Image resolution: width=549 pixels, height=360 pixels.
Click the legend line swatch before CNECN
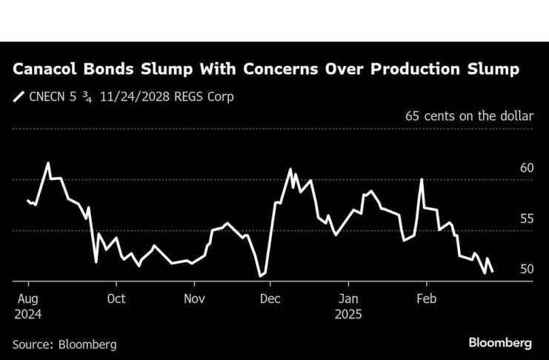tap(18, 96)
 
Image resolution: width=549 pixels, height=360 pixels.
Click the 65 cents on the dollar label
tap(469, 116)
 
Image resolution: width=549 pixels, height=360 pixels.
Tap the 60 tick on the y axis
tap(527, 168)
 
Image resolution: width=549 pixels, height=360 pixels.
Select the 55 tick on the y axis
tap(527, 219)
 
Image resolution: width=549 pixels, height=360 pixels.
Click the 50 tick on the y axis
tap(527, 269)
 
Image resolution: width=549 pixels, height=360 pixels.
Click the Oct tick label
tap(116, 299)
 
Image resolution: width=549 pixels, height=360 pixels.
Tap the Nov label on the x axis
tap(194, 299)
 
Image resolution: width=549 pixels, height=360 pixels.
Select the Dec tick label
tap(270, 299)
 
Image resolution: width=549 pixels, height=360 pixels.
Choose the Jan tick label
tap(348, 299)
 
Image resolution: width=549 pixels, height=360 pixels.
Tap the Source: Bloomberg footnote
tap(64, 344)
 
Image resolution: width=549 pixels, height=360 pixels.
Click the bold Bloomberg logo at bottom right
tap(500, 343)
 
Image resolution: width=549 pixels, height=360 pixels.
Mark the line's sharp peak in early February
tap(422, 180)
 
